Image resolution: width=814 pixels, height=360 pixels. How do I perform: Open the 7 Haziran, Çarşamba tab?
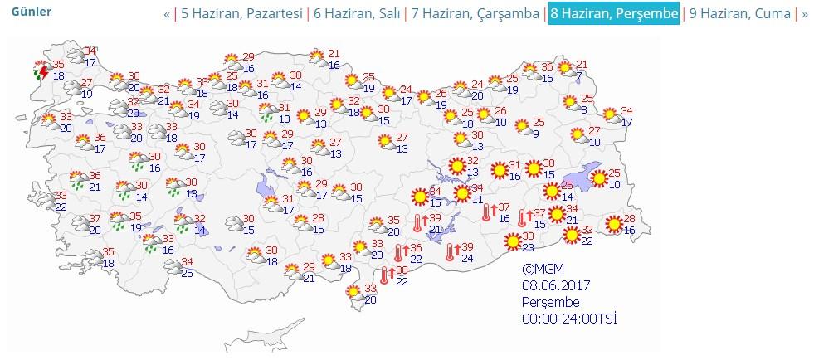point(475,14)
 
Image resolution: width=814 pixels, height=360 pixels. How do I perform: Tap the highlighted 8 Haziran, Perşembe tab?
point(613,14)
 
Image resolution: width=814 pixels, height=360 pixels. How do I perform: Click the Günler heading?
point(32,12)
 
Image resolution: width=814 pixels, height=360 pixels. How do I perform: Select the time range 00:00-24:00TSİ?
point(568,319)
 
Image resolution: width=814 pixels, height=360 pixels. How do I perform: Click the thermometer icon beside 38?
point(386,275)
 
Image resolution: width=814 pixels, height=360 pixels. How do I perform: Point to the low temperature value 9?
point(537,134)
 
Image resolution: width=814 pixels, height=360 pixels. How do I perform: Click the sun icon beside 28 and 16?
point(613,223)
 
